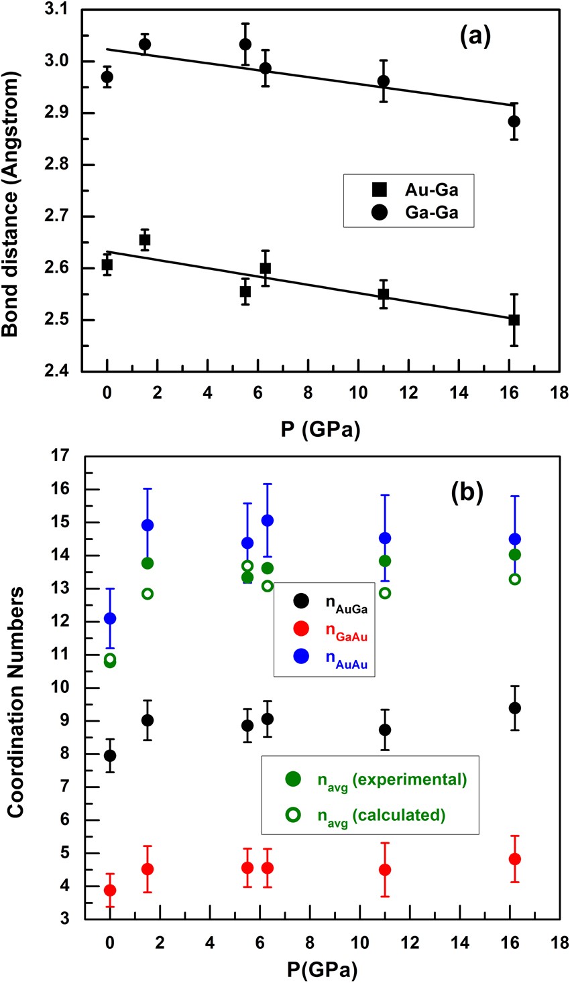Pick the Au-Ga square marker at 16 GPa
(514, 320)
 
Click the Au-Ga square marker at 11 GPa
(384, 293)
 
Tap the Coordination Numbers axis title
(16, 702)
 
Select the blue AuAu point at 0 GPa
(110, 618)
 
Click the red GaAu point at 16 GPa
(515, 859)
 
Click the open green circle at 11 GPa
(385, 593)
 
